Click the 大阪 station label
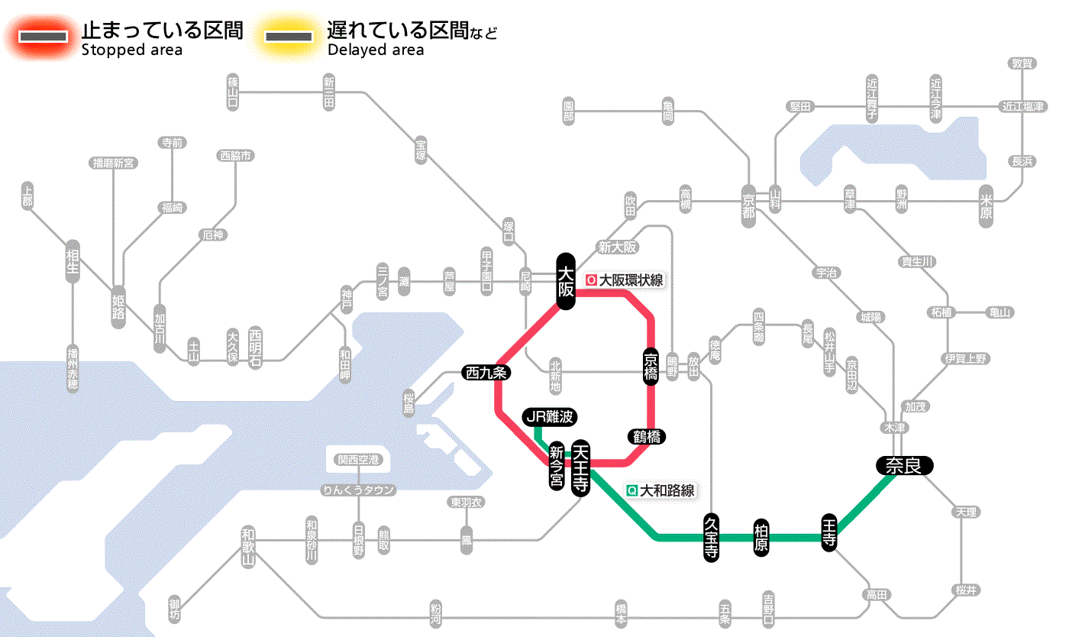pyautogui.click(x=566, y=281)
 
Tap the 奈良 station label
pyautogui.click(x=904, y=466)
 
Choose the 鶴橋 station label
pyautogui.click(x=647, y=437)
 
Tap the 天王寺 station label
pyautogui.click(x=581, y=468)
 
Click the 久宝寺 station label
pyautogui.click(x=711, y=538)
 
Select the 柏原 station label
pyautogui.click(x=761, y=538)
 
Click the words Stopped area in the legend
pyautogui.click(x=131, y=50)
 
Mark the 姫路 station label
pyautogui.click(x=118, y=307)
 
